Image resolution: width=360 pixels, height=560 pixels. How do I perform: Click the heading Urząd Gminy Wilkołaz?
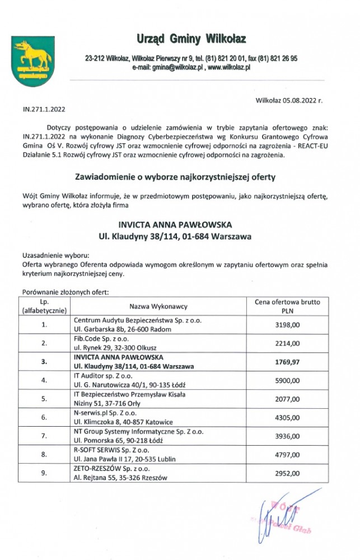coord(191,39)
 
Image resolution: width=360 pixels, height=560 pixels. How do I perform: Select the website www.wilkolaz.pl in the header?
coord(228,67)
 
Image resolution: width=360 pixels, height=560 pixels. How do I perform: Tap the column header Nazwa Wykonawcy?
coord(158,306)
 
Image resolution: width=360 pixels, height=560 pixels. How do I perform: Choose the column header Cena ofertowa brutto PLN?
coord(287,306)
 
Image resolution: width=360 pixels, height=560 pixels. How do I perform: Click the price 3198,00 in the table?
coord(288,324)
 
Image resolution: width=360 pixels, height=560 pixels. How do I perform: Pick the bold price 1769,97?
coord(288,362)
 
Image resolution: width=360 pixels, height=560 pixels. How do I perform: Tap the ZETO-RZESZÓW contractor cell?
coord(120,473)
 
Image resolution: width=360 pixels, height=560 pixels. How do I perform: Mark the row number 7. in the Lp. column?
coord(44,436)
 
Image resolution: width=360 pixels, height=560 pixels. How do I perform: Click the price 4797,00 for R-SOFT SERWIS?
coord(288,455)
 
